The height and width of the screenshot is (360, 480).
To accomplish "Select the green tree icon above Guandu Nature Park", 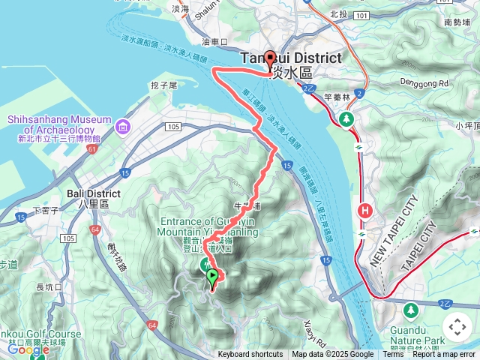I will pyautogui.click(x=410, y=309).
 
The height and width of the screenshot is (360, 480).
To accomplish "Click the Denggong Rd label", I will pyautogui.click(x=424, y=82).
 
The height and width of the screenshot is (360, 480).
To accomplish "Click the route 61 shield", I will pyautogui.click(x=91, y=150).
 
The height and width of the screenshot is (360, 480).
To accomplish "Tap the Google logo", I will pyautogui.click(x=28, y=349).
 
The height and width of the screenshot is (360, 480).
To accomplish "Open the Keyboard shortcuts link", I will pyautogui.click(x=250, y=355).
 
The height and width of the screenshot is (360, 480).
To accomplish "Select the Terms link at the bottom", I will pyautogui.click(x=393, y=355).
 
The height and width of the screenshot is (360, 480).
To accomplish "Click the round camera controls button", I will pyautogui.click(x=457, y=327).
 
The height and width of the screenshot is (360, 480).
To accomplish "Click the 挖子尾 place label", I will pyautogui.click(x=163, y=86).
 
